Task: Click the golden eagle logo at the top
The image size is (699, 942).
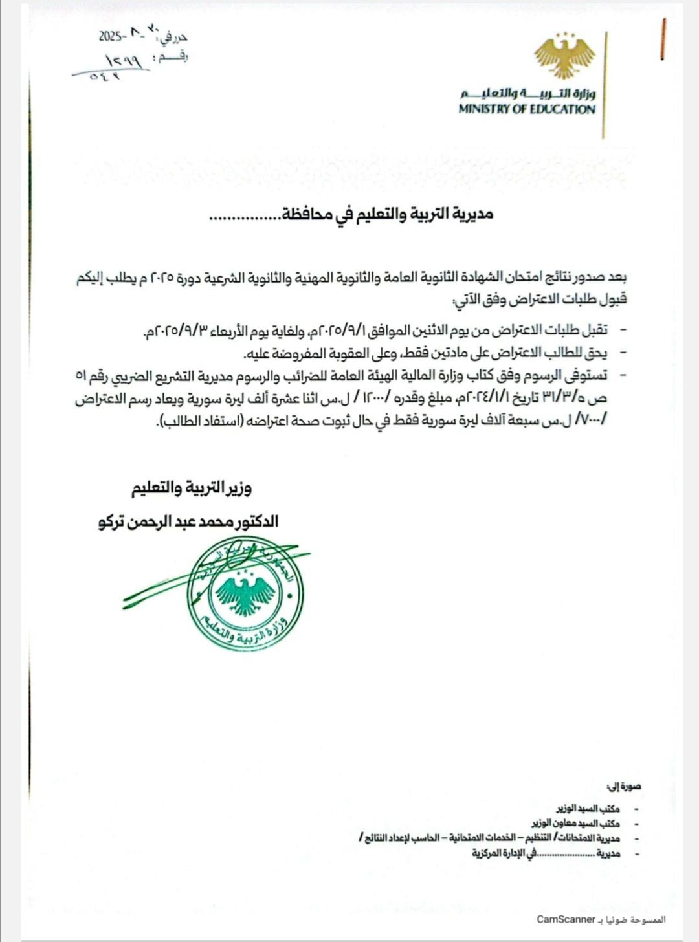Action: (x=564, y=54)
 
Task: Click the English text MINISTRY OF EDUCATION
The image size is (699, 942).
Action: (x=527, y=109)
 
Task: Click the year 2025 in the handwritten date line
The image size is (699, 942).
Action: (x=111, y=37)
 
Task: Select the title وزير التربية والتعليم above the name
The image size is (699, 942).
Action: (x=192, y=488)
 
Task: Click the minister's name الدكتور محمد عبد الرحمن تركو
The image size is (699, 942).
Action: (x=188, y=521)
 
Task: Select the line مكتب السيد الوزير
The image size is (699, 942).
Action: (x=588, y=809)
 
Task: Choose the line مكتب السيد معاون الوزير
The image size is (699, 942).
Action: (x=575, y=824)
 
